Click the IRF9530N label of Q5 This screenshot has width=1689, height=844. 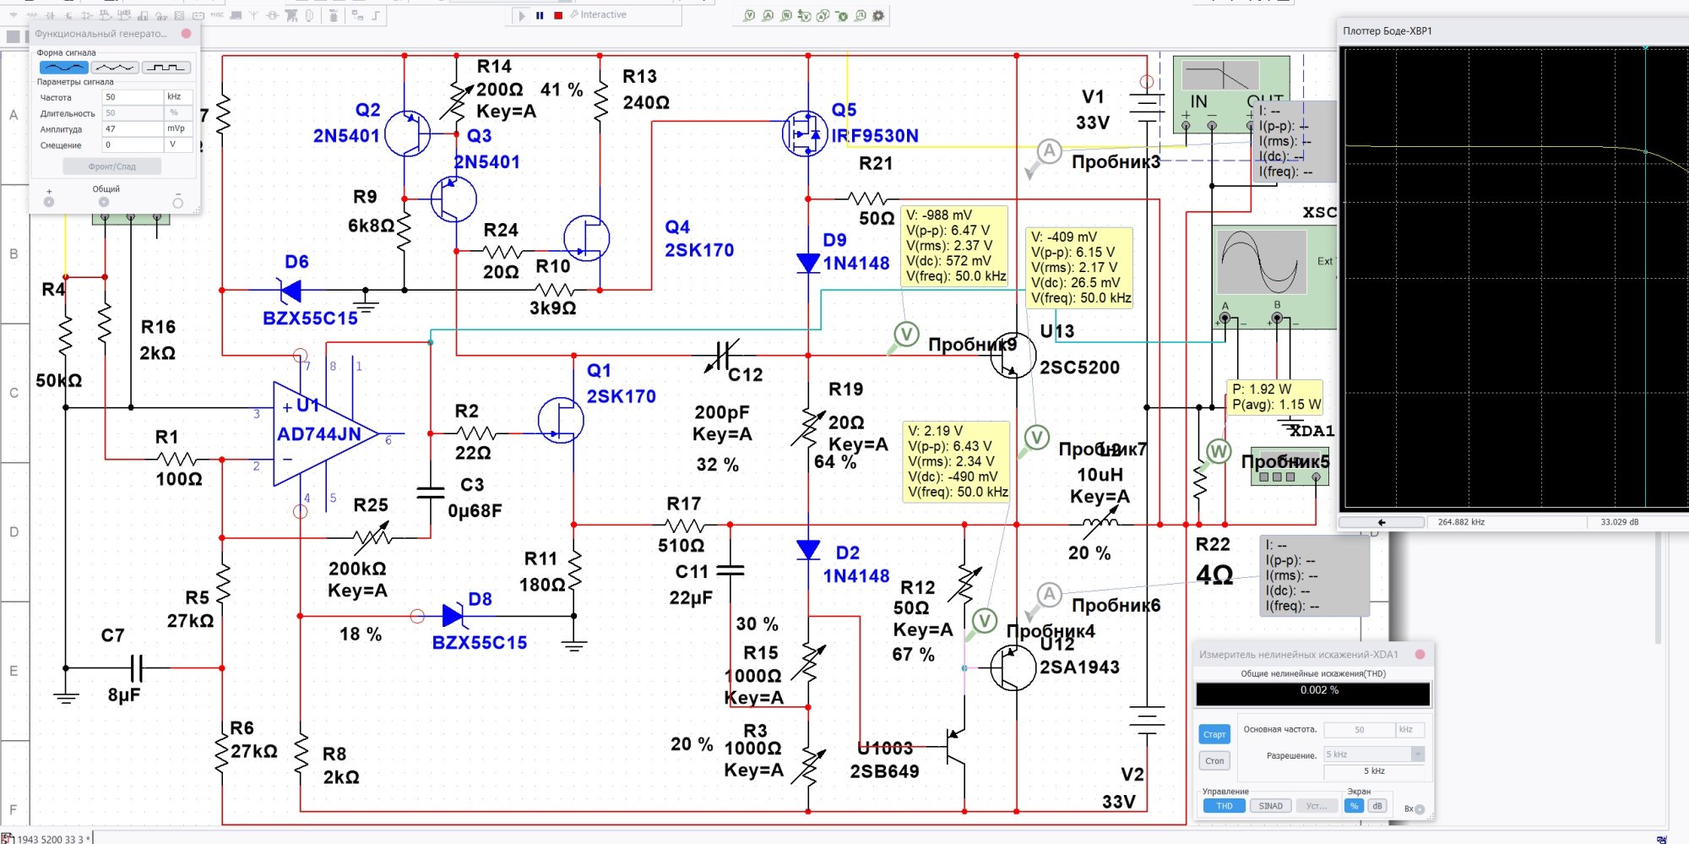pyautogui.click(x=875, y=136)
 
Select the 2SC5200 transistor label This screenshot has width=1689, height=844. pyautogui.click(x=1079, y=368)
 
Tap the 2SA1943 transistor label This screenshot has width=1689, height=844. pyautogui.click(x=1079, y=667)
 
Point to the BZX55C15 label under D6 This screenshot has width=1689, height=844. pyautogui.click(x=310, y=319)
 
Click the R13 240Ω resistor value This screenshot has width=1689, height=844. pyautogui.click(x=646, y=102)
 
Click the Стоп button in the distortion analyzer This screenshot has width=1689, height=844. pyautogui.click(x=1214, y=761)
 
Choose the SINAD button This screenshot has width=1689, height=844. pyautogui.click(x=1270, y=806)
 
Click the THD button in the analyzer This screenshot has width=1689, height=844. pyautogui.click(x=1224, y=806)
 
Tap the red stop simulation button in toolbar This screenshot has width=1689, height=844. pyautogui.click(x=558, y=15)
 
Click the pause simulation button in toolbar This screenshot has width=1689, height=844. pyautogui.click(x=540, y=15)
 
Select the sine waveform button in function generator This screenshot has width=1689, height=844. pyautogui.click(x=63, y=68)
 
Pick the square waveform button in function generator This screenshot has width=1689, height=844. pyautogui.click(x=166, y=68)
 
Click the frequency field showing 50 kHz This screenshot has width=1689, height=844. pyautogui.click(x=133, y=97)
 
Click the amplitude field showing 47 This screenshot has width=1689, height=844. pyautogui.click(x=133, y=129)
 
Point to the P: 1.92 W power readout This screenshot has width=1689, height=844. pyautogui.click(x=1262, y=389)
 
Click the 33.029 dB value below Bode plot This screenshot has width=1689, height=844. pyautogui.click(x=1619, y=522)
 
